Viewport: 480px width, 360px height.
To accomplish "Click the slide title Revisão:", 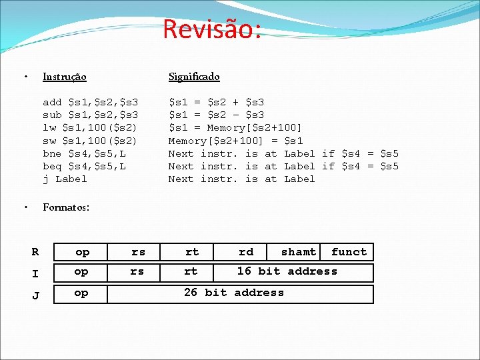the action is point(211,29).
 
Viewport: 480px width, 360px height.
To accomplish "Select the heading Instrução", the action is point(64,77).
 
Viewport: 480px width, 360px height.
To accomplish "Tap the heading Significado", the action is point(194,77).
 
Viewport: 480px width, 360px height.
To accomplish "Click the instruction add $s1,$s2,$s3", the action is point(90,102).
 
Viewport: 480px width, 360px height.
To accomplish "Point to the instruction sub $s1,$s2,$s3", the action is point(90,115).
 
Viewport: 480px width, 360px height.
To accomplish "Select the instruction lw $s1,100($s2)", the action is point(90,127).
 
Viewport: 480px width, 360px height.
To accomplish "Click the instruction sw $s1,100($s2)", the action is point(90,141).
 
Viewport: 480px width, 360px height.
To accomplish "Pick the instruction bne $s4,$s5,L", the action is point(84,153).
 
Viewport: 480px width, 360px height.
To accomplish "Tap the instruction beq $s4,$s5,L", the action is point(84,166).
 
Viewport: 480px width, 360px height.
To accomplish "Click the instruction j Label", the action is point(65,179).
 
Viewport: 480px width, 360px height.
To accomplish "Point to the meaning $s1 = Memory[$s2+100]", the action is point(235,127).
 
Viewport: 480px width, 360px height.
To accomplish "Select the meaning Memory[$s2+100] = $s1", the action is point(235,141).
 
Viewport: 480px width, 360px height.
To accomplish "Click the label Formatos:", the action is point(66,207).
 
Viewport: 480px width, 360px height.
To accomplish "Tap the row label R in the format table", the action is point(35,252).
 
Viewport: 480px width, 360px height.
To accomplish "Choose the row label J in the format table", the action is point(35,295).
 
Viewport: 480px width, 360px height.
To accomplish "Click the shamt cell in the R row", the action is point(298,252).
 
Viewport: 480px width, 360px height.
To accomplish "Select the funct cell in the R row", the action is point(349,252).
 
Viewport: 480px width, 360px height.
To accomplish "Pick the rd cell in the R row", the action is point(246,252).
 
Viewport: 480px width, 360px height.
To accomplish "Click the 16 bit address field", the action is point(287,271).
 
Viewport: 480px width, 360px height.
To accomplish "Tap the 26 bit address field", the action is point(233,293).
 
